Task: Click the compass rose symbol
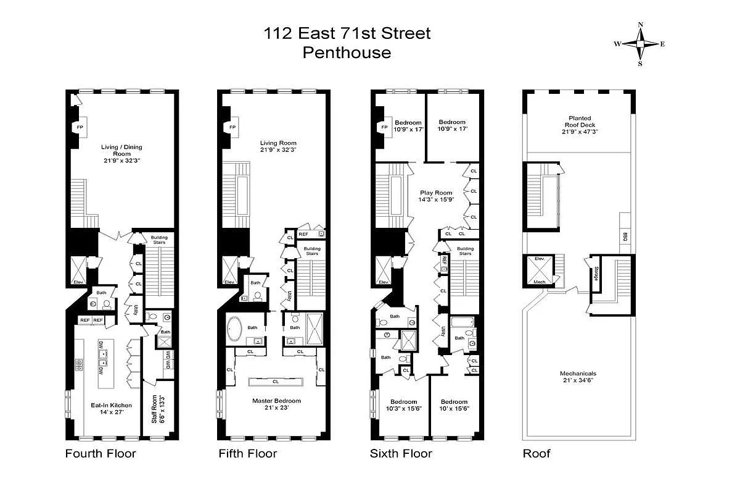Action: tap(641, 44)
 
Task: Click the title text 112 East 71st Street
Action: tap(347, 33)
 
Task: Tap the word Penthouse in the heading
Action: tap(347, 52)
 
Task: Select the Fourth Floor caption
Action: tap(101, 454)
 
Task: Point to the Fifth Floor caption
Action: tap(248, 454)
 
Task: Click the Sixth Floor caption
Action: tap(401, 454)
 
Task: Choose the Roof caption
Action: tap(536, 454)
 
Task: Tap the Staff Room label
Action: tap(155, 409)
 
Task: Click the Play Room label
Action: tap(437, 193)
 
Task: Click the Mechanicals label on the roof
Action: tap(578, 374)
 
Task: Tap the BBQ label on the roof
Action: tap(625, 237)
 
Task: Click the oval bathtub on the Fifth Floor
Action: tap(235, 330)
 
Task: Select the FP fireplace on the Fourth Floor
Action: tap(80, 127)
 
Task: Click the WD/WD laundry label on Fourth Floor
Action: tap(167, 360)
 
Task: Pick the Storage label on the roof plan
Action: tap(596, 273)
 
